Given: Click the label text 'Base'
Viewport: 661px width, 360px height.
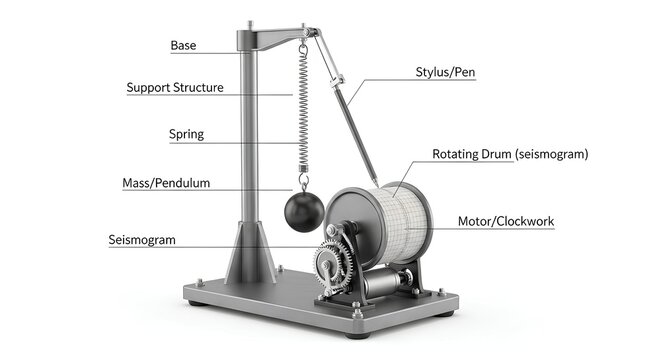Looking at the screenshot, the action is coord(183,46).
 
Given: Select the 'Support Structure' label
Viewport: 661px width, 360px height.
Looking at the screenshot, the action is coord(175,88).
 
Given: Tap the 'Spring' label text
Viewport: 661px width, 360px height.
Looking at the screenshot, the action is coord(187,135).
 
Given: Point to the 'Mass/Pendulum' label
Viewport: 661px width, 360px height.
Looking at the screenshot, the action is coord(166,184).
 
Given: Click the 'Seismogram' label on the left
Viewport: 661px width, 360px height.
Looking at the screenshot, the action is coord(142,240).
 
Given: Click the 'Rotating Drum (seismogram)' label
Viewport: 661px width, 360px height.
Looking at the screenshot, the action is coord(510,155).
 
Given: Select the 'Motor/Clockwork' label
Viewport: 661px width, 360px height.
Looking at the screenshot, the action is coord(505,221).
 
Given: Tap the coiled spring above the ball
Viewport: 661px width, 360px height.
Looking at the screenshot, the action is coord(302,110).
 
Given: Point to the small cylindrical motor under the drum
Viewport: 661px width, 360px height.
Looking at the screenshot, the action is coord(385,284).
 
